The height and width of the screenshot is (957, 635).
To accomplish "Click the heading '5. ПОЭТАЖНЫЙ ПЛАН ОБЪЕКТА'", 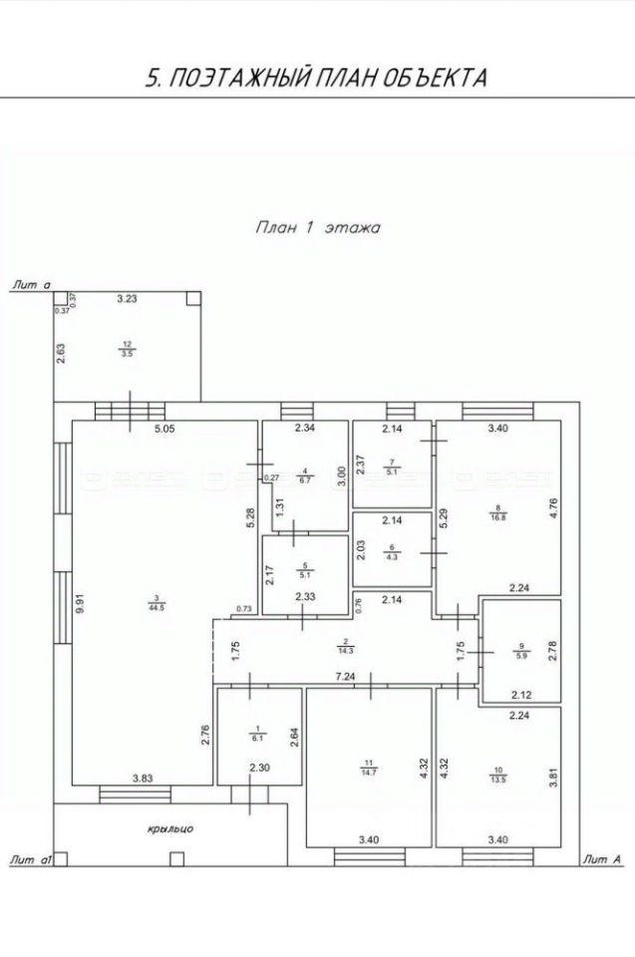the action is [317, 78].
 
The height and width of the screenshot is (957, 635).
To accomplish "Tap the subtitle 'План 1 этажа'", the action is [317, 227].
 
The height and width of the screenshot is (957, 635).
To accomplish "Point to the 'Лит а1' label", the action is [29, 858].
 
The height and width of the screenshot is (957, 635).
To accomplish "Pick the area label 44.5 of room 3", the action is [157, 606].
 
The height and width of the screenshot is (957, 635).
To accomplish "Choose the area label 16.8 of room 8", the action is [496, 515].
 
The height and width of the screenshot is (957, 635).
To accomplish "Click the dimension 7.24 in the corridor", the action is [345, 677].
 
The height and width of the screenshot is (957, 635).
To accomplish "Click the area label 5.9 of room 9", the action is [520, 656].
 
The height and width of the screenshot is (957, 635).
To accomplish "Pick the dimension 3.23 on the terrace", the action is [127, 297].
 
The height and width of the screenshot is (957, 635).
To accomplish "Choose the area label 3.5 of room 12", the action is [127, 353].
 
